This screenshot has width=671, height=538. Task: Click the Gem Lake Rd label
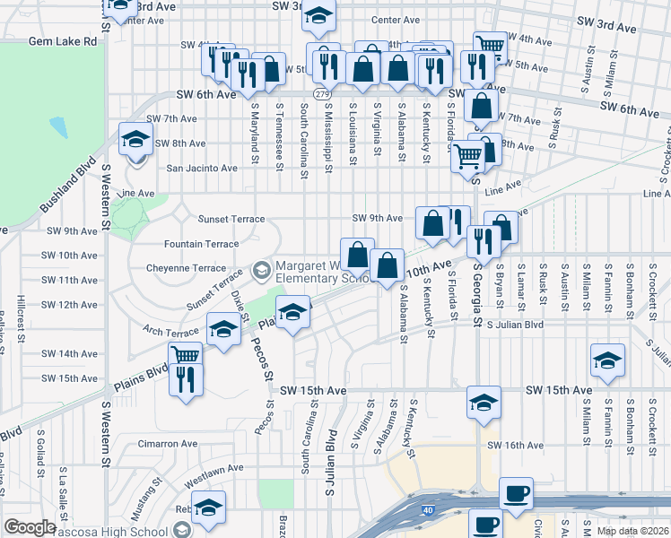point(62,41)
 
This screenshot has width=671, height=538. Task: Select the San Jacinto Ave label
point(202,168)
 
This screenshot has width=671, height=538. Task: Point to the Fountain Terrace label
point(202,244)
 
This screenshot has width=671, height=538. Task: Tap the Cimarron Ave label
point(167,443)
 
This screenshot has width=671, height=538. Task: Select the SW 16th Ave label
point(516,445)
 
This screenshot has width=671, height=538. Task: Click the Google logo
point(30,527)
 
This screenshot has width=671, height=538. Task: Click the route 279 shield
point(320,93)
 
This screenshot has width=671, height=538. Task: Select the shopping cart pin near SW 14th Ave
point(186,353)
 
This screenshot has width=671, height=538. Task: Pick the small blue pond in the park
point(59,126)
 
